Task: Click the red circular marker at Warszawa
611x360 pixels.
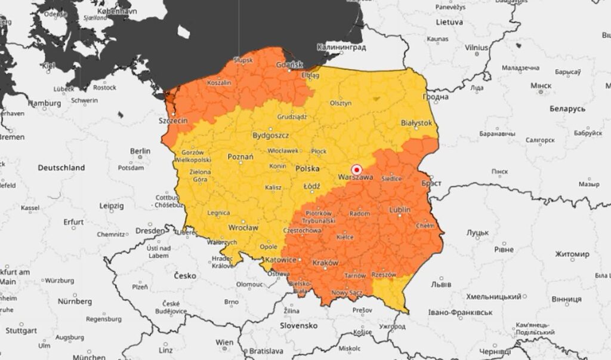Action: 357,169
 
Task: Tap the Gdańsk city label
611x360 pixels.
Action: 290,64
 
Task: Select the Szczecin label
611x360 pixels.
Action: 173,121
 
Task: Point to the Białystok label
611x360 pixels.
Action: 416,122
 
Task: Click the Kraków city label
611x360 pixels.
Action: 325,262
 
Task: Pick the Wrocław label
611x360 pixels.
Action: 243,227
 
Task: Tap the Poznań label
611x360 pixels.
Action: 240,156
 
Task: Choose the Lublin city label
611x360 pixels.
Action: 399,210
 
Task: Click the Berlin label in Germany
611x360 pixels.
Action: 140,151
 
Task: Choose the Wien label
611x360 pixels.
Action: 224,342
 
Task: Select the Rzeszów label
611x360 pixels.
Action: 384,275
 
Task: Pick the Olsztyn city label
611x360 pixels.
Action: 340,103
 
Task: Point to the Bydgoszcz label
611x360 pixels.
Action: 270,136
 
